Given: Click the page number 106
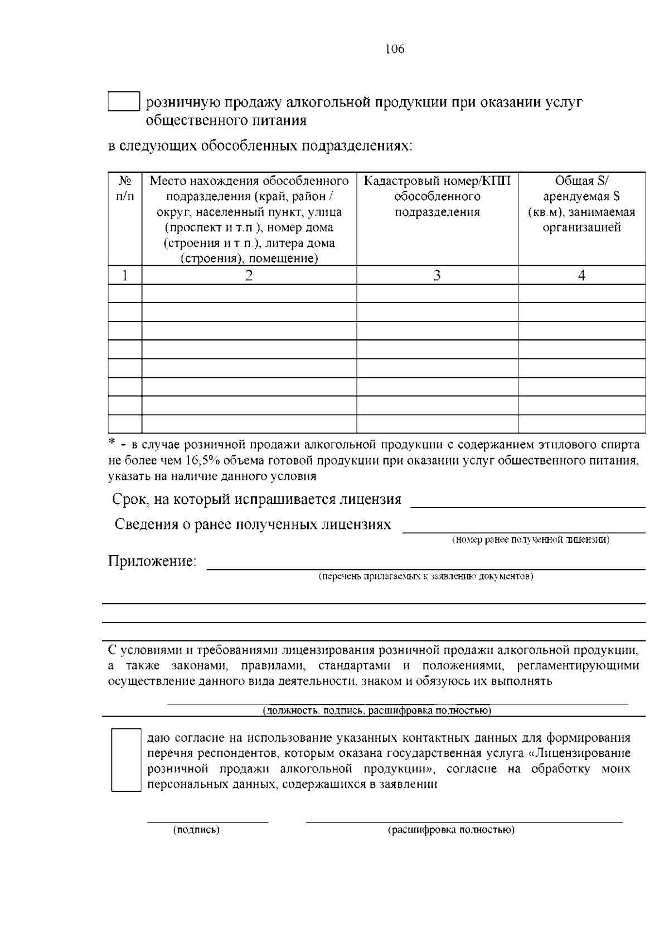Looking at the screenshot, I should pyautogui.click(x=395, y=50).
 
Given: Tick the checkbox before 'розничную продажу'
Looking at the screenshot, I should pyautogui.click(x=123, y=101).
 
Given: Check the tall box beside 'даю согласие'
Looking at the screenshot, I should pyautogui.click(x=126, y=760).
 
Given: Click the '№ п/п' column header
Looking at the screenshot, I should pyautogui.click(x=125, y=189).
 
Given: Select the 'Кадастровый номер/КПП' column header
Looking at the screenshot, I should pyautogui.click(x=437, y=196).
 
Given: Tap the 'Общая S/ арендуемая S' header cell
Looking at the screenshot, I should pyautogui.click(x=581, y=204).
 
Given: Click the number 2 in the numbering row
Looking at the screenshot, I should pyautogui.click(x=249, y=275).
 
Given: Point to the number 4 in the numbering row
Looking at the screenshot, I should pyautogui.click(x=581, y=275).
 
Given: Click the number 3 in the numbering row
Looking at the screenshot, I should pyautogui.click(x=437, y=275).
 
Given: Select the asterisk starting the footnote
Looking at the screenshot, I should pyautogui.click(x=111, y=442).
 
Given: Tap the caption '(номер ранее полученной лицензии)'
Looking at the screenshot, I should pyautogui.click(x=530, y=540).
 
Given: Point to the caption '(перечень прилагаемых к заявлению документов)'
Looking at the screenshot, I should pyautogui.click(x=426, y=576).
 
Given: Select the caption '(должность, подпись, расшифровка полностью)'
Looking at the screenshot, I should pyautogui.click(x=377, y=711).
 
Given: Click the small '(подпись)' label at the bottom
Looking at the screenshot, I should pyautogui.click(x=197, y=830).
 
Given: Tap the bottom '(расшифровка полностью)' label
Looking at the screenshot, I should pyautogui.click(x=450, y=830).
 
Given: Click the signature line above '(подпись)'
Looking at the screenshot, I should pyautogui.click(x=207, y=821).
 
